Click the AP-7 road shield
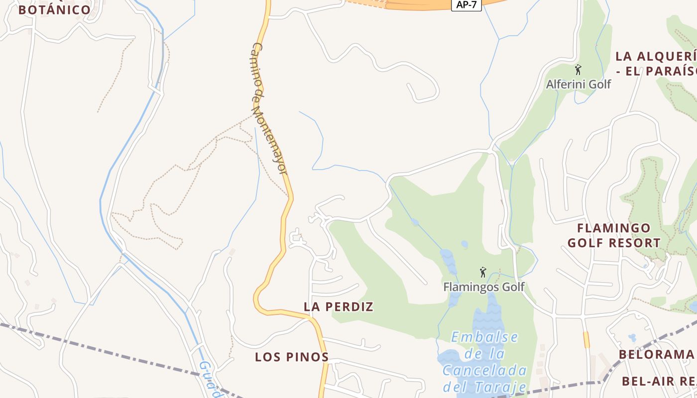[466, 5]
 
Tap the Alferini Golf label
[578, 84]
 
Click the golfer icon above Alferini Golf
[578, 70]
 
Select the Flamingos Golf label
[484, 287]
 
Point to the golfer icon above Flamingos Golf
[482, 272]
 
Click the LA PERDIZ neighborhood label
[339, 307]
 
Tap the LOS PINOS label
[292, 357]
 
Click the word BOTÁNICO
[55, 10]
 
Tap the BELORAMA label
[656, 355]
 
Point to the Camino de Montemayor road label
[269, 108]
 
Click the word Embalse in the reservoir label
[484, 337]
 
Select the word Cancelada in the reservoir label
[484, 371]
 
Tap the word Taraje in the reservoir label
[503, 387]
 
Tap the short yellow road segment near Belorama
[586, 340]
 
